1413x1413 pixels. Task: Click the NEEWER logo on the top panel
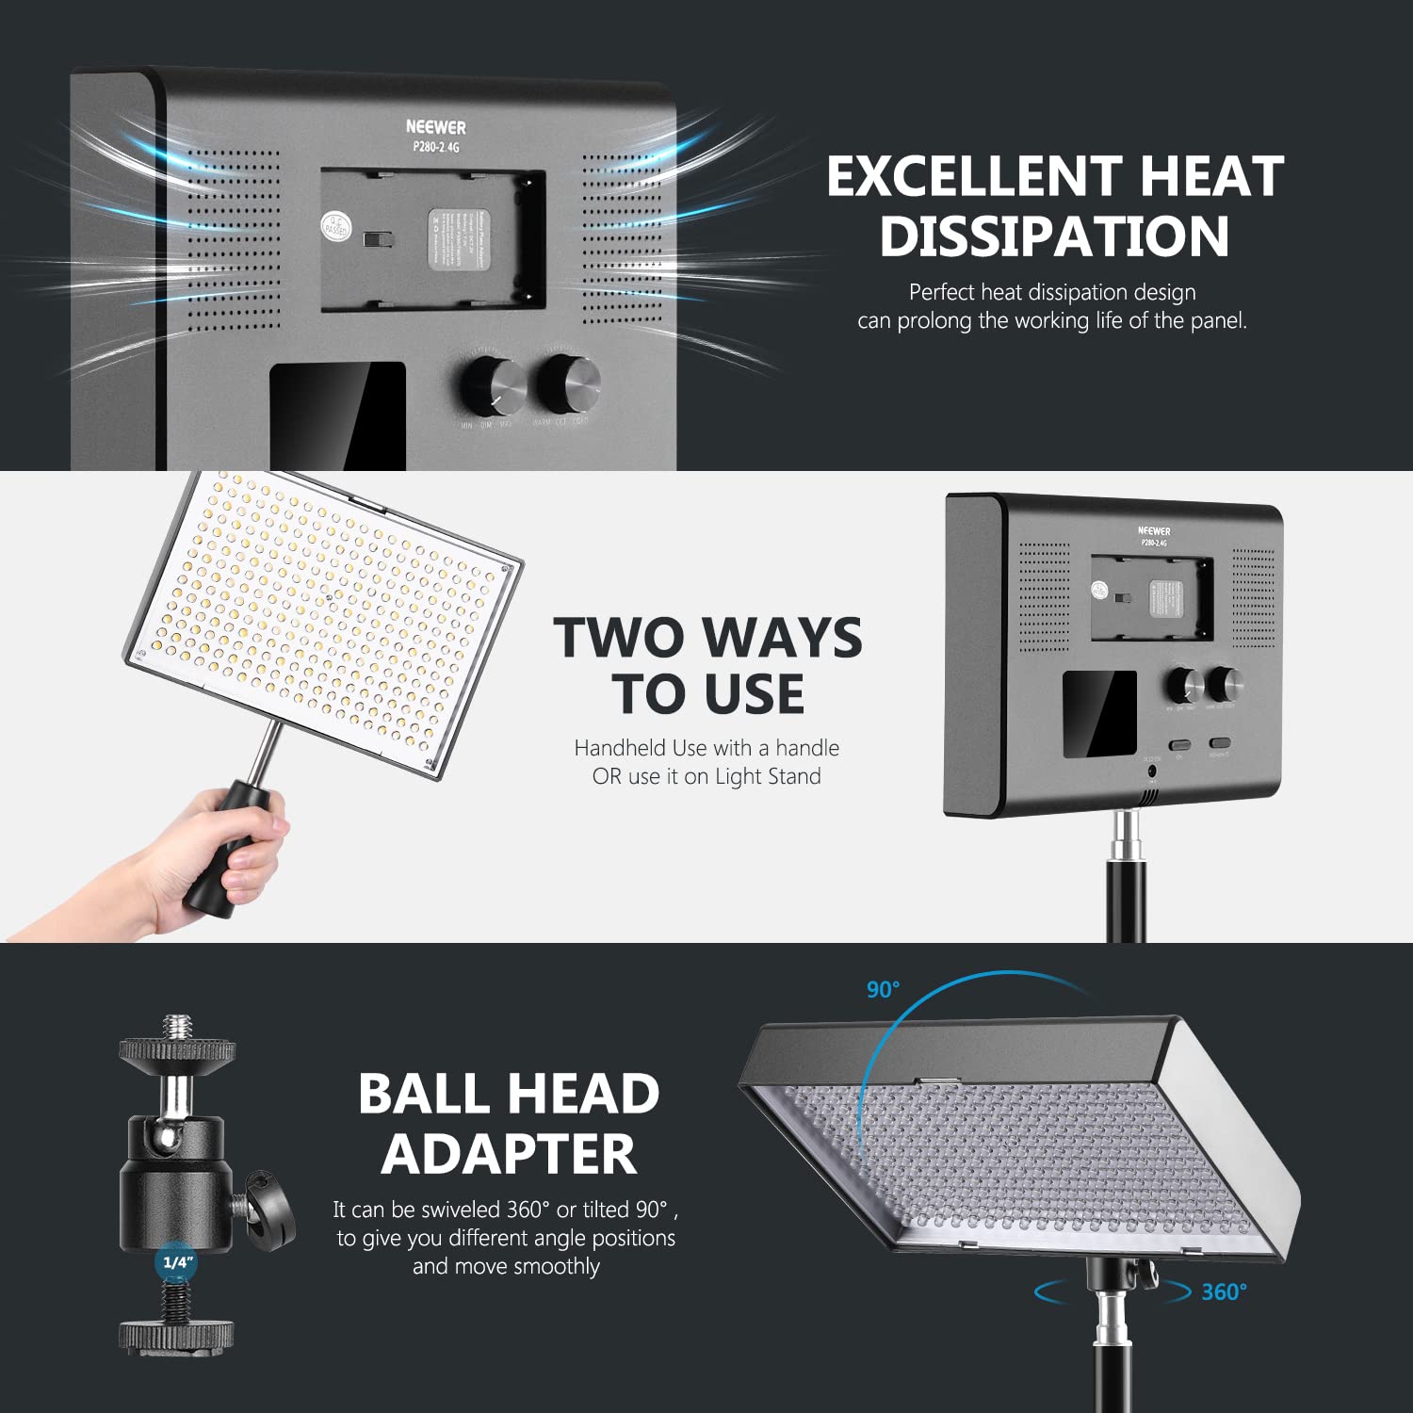(435, 126)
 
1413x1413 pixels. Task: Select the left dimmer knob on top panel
(492, 384)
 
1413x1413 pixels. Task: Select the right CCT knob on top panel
(568, 382)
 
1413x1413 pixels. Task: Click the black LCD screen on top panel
(337, 414)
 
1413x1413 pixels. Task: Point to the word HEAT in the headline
(1211, 176)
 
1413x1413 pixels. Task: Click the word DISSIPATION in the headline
(1054, 235)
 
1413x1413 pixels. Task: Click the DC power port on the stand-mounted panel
(1151, 771)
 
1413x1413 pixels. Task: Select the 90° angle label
(883, 989)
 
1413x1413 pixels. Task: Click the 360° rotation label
(1224, 1291)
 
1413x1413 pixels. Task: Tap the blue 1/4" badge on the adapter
(177, 1261)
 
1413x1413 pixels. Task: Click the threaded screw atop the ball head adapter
(176, 1028)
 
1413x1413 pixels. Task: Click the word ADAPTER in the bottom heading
(509, 1154)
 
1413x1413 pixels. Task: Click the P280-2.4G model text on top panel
(435, 147)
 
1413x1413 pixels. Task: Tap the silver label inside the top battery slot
(459, 239)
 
